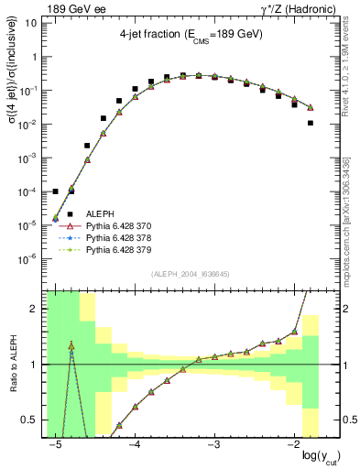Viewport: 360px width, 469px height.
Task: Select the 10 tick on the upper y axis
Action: point(33,24)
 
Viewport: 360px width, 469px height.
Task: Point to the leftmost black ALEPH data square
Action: point(56,191)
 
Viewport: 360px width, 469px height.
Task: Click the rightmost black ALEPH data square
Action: point(311,123)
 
